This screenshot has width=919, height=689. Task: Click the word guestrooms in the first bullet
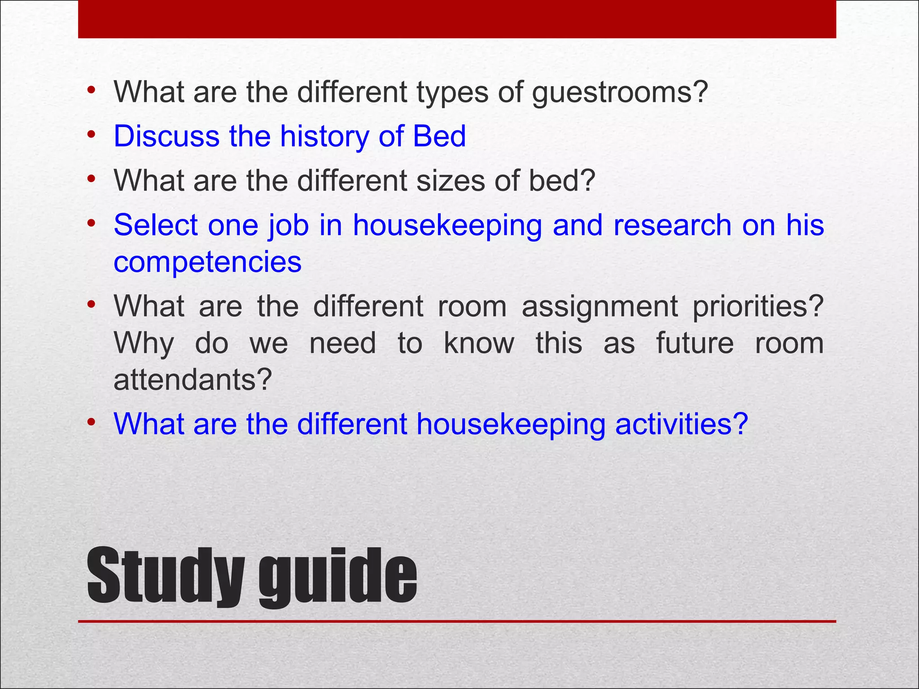coord(619,93)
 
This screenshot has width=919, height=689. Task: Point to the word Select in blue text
coord(155,225)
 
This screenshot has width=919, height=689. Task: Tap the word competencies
coord(207,262)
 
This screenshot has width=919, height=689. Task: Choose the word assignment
coord(600,306)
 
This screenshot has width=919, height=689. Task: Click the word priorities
coord(758,306)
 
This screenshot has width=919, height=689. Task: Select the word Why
coord(144,344)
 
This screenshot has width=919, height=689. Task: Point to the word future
coord(695,343)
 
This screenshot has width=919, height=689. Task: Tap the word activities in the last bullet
coord(681,424)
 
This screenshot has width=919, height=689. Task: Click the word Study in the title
coord(166,576)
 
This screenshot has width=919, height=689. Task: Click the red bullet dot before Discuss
coord(92,134)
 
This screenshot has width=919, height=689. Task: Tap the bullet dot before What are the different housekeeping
coord(92,422)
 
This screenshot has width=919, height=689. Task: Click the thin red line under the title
coord(457,621)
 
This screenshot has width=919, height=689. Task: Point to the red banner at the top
coord(457,19)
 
